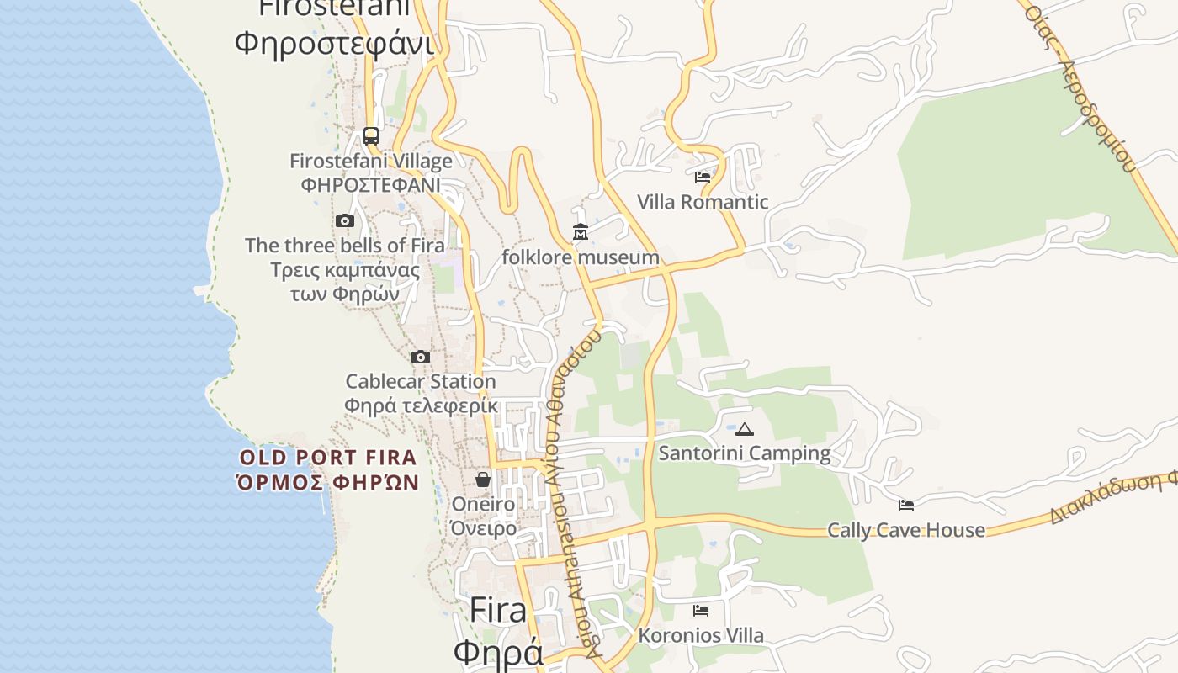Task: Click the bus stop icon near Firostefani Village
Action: coord(371,135)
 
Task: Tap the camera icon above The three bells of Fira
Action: coord(344,221)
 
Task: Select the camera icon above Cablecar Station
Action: coord(421,358)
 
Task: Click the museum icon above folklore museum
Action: coord(581,231)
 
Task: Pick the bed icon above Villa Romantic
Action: coord(703,178)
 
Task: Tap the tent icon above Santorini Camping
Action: coord(745,430)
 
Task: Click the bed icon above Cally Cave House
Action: coord(906,506)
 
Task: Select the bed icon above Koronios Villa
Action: coord(701,611)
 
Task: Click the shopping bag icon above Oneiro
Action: coord(483,480)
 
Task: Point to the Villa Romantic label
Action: coord(703,202)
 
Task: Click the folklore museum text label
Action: coord(581,257)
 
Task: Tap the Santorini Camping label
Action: coord(745,453)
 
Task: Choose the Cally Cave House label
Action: coord(906,530)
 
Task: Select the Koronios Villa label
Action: coord(701,635)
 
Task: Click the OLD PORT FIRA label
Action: coord(328,458)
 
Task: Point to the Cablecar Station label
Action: coord(421,381)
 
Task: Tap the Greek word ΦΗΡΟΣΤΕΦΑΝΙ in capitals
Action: coord(371,184)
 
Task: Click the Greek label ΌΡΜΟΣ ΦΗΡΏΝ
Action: coord(328,482)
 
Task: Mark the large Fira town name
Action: coord(498,610)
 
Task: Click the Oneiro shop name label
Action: coord(483,504)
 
